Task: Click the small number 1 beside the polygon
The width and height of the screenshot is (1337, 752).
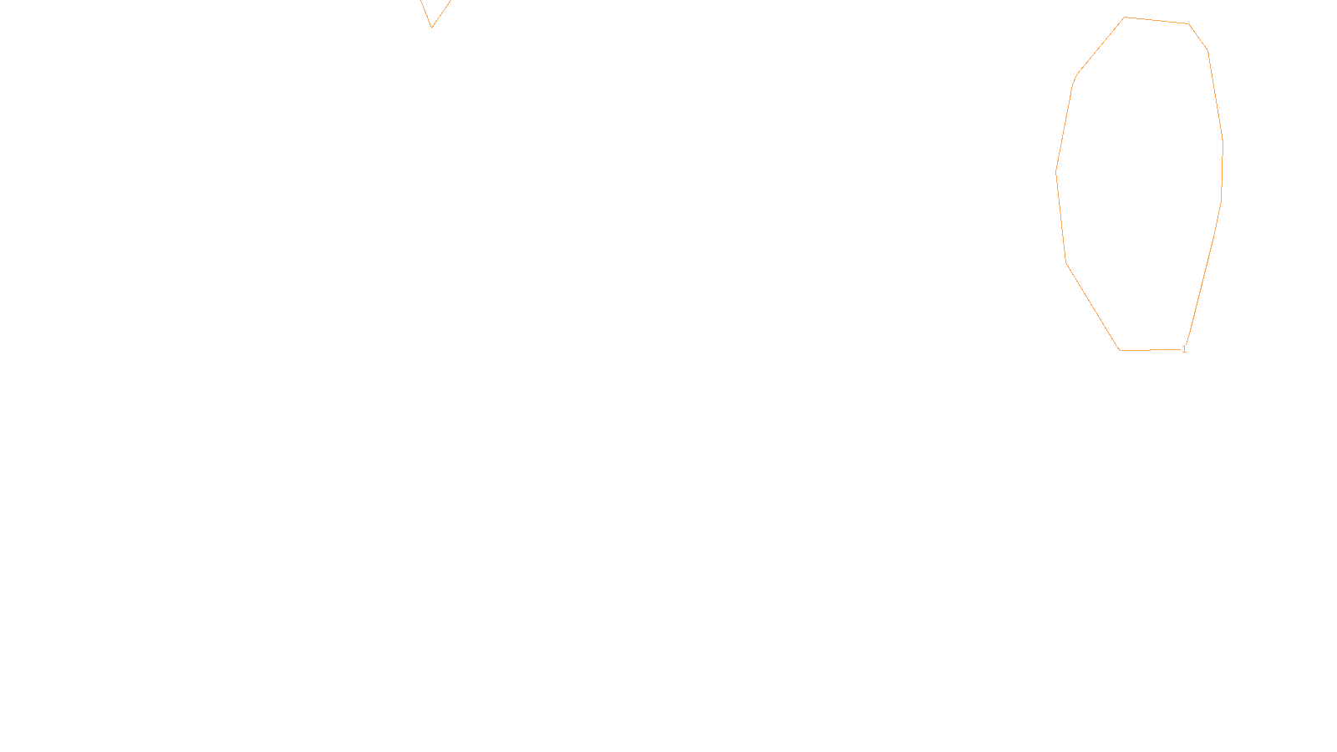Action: point(1184,350)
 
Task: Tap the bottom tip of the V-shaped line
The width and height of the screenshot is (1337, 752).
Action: point(431,28)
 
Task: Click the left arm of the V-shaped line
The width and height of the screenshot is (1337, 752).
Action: point(425,13)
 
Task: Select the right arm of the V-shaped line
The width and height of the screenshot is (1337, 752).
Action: point(441,13)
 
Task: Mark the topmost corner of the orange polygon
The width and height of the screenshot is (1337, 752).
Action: point(1124,17)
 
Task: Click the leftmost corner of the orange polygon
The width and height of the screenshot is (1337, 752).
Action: point(1056,171)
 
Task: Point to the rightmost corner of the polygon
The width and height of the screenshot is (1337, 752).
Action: point(1223,142)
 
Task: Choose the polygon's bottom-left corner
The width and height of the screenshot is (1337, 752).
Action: point(1120,350)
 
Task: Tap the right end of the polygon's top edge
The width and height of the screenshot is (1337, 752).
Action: point(1188,23)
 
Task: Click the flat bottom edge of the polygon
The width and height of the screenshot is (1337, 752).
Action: point(1151,349)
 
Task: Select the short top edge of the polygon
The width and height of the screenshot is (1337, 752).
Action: point(1156,20)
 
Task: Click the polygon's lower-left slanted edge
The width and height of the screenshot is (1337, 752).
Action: point(1093,307)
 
